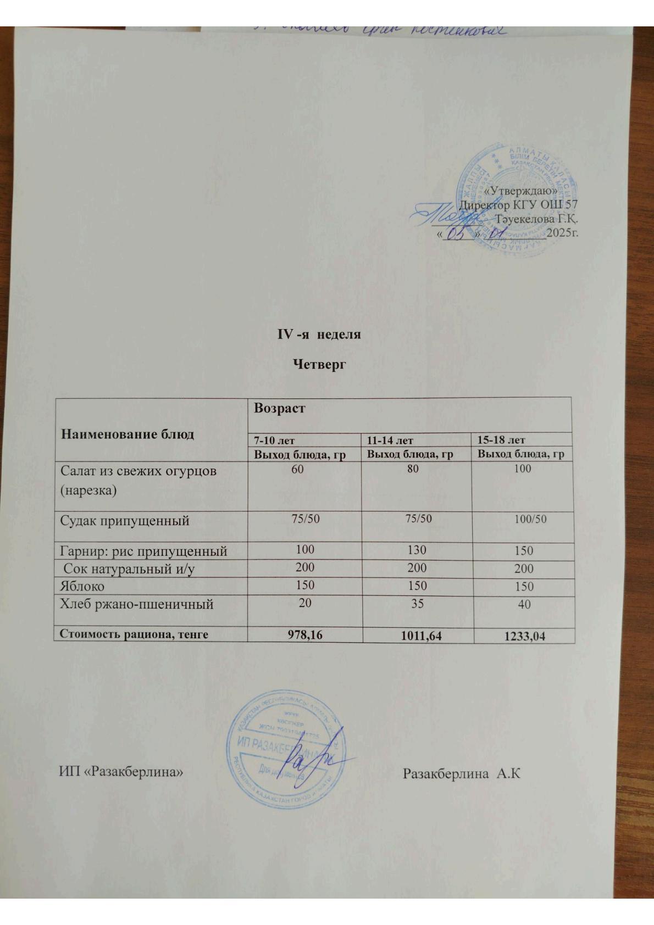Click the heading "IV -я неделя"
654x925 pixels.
(x=318, y=335)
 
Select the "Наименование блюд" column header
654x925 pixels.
(x=127, y=434)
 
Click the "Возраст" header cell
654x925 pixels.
(x=279, y=409)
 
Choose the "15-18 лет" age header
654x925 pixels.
(x=501, y=440)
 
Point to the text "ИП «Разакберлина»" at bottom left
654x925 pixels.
(x=121, y=772)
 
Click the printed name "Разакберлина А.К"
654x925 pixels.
(x=461, y=774)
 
